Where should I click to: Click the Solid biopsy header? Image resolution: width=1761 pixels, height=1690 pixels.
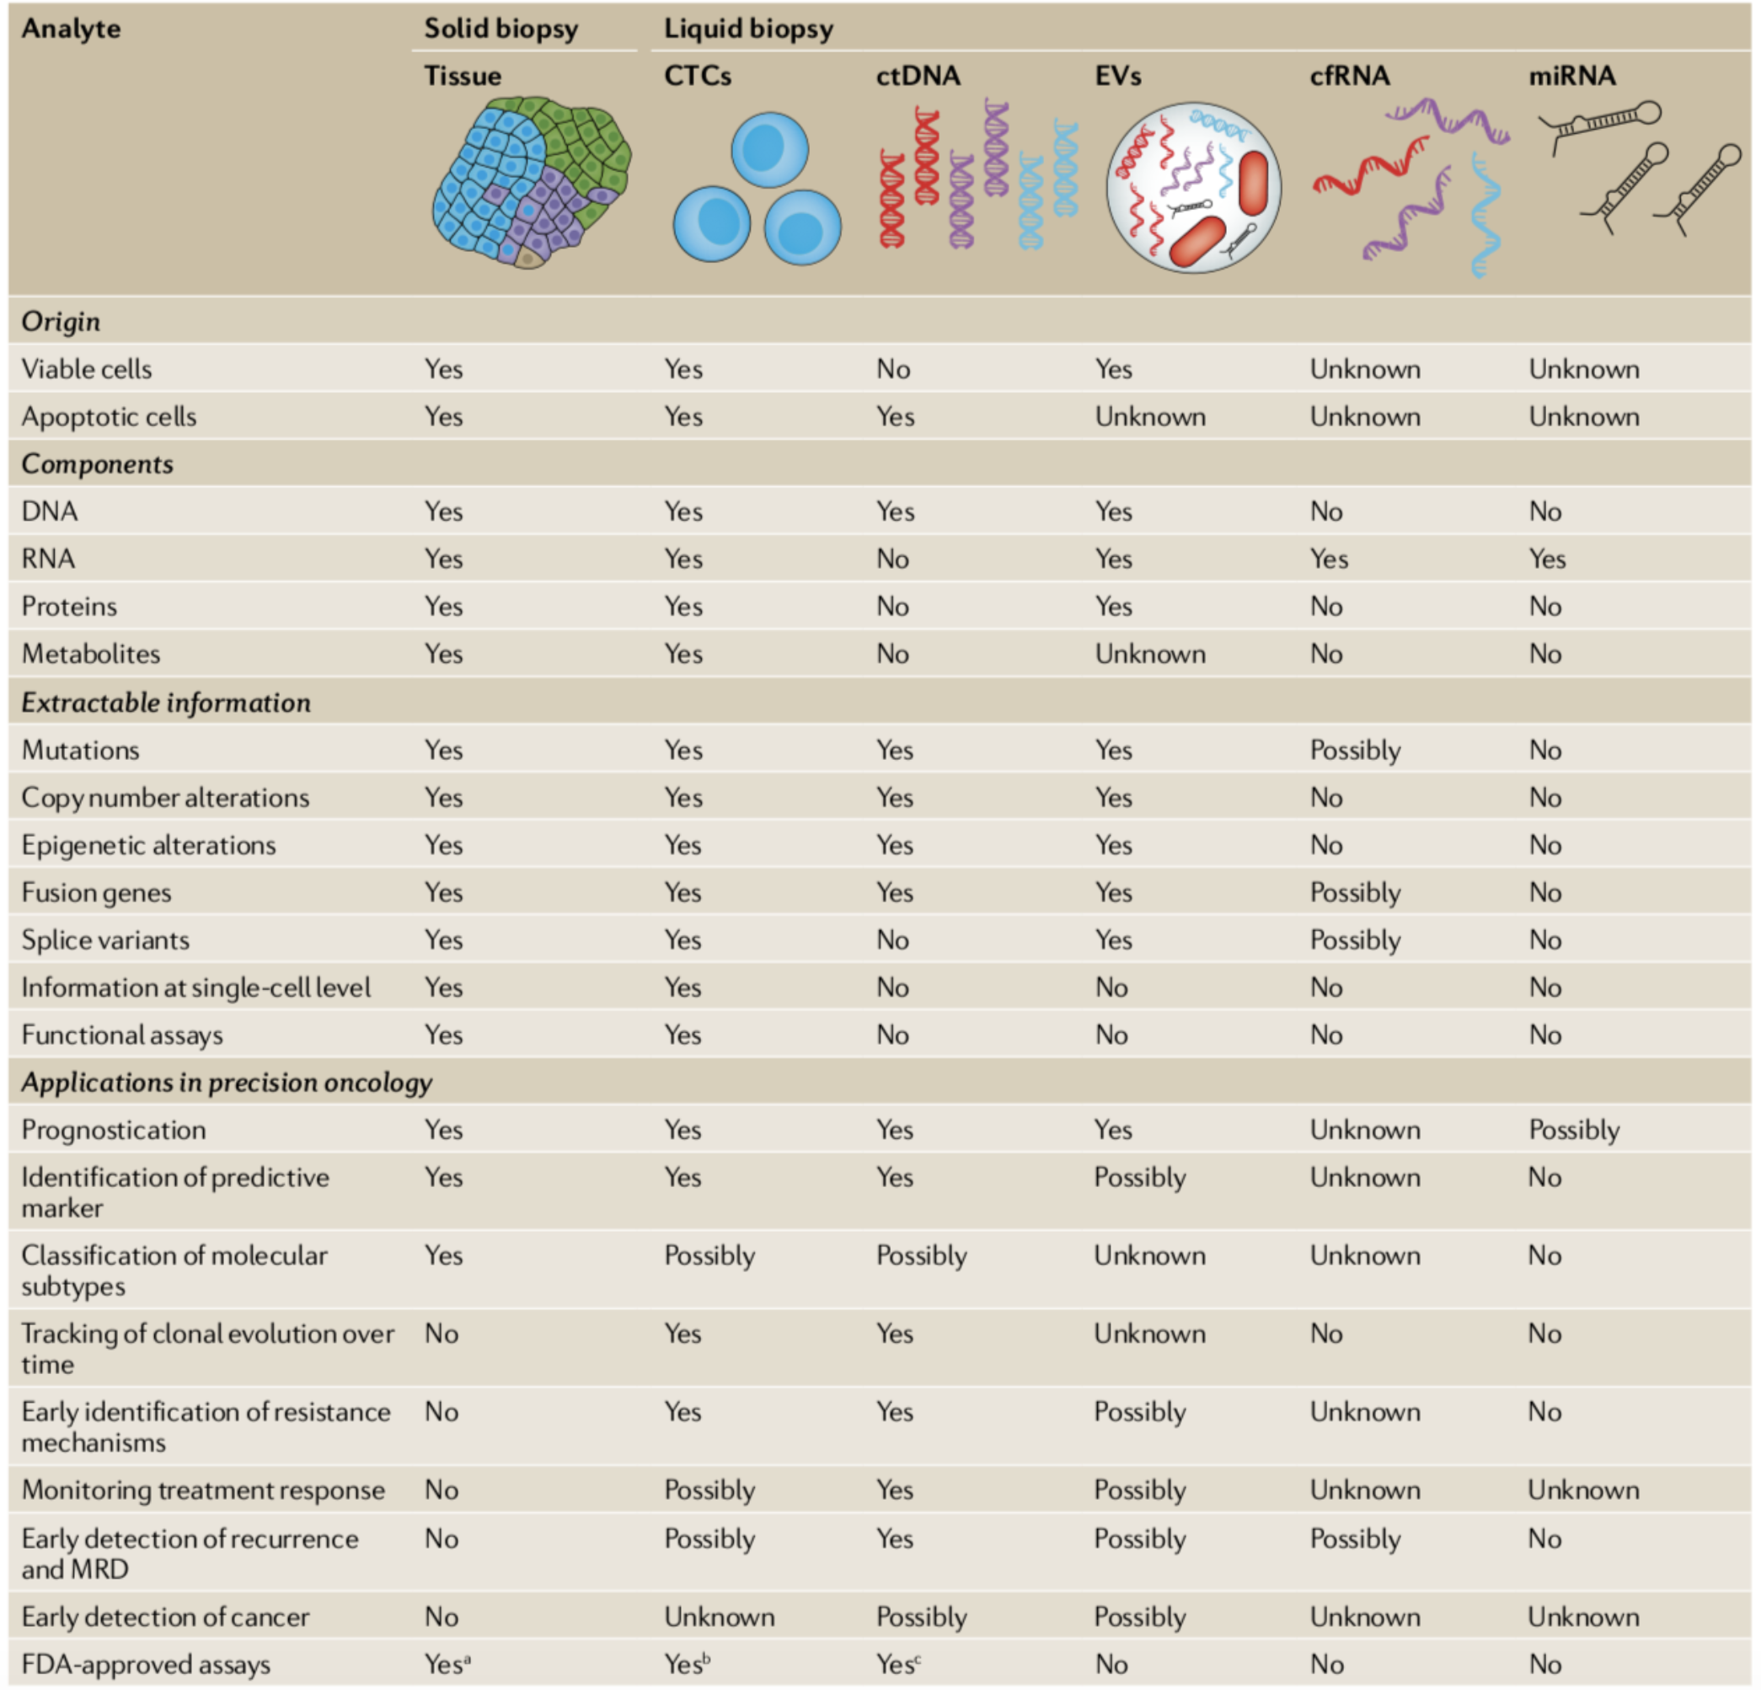click(500, 29)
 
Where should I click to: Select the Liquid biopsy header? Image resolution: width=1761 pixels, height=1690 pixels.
click(747, 29)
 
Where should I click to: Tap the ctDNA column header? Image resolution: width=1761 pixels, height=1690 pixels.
click(918, 77)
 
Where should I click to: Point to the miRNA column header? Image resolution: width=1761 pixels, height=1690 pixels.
click(1571, 77)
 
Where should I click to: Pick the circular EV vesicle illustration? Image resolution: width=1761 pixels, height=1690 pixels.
click(1192, 187)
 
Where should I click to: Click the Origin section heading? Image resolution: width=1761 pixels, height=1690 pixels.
click(60, 322)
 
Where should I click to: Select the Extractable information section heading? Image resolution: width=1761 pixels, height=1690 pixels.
click(165, 703)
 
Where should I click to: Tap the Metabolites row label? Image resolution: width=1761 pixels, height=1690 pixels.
click(91, 654)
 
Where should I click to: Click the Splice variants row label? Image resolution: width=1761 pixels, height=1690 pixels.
click(105, 941)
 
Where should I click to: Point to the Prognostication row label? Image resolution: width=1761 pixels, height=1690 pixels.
click(113, 1131)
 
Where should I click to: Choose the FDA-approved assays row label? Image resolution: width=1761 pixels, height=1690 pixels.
click(146, 1665)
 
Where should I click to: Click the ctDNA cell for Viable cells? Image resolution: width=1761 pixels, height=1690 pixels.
click(893, 369)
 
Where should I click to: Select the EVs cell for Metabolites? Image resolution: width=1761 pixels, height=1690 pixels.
click(1149, 654)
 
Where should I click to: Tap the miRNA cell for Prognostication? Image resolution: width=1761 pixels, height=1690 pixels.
click(1573, 1131)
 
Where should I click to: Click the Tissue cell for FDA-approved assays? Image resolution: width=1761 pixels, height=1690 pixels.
click(447, 1665)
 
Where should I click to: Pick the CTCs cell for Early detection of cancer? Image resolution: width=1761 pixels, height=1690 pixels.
click(719, 1618)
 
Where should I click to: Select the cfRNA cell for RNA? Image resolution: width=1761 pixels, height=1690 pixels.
click(1328, 559)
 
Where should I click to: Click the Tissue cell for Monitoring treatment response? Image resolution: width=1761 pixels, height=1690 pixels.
click(442, 1490)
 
